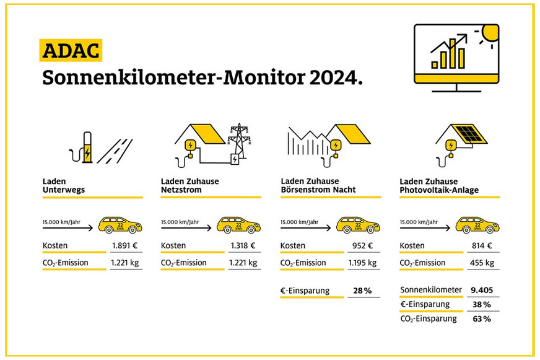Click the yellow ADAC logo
tap(70, 50)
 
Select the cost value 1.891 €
tap(124, 245)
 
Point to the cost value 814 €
tap(481, 245)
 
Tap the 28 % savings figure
tap(362, 290)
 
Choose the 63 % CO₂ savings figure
tap(482, 318)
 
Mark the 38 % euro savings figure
tap(482, 304)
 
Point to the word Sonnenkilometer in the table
tap(431, 289)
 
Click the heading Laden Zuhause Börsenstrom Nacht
tap(318, 185)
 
